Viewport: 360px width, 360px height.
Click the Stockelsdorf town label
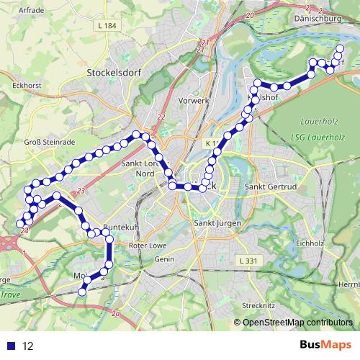tap(116, 73)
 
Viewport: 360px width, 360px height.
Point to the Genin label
tap(164, 258)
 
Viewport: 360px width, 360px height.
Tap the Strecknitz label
tap(258, 306)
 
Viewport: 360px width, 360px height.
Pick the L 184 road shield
tap(105, 27)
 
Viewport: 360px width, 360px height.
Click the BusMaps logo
tap(325, 346)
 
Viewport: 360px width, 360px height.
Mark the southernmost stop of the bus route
tap(82, 292)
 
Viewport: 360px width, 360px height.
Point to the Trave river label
tap(10, 295)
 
